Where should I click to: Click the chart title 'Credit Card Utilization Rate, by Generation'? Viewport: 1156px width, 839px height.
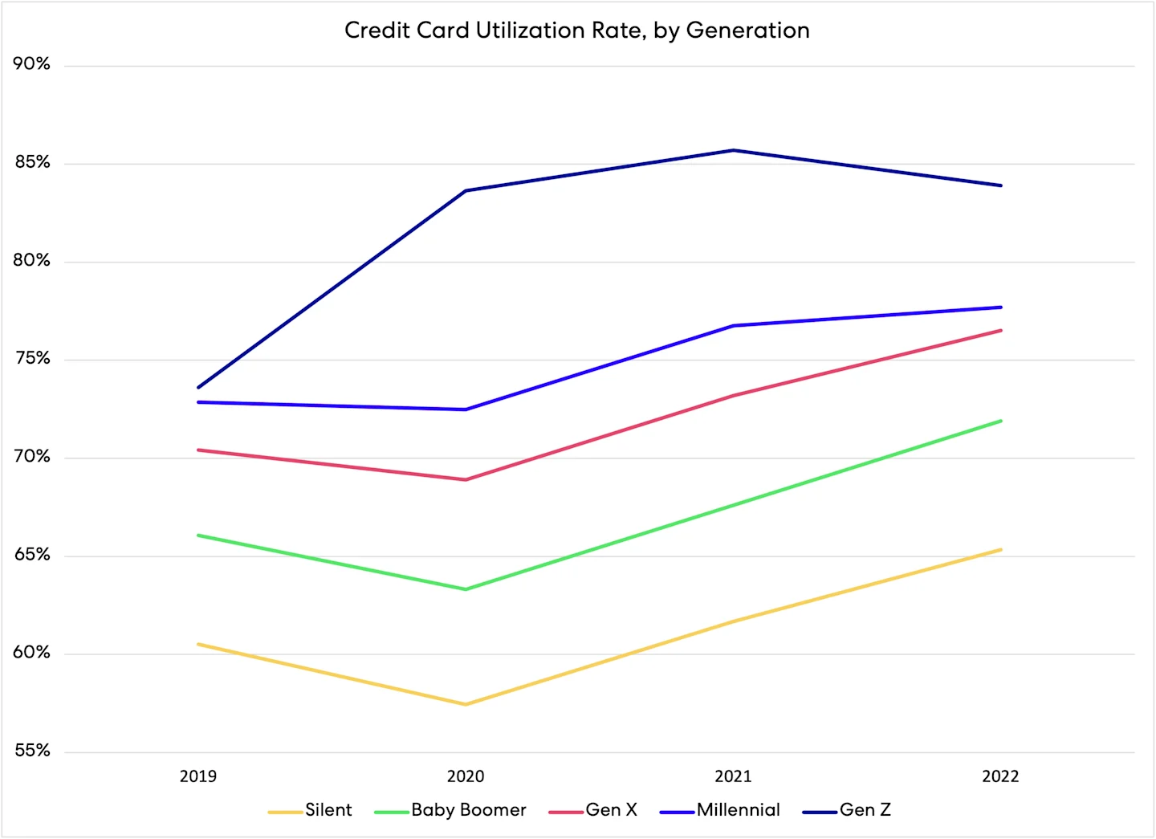tap(576, 31)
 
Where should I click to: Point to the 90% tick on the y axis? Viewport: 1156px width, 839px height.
tap(31, 64)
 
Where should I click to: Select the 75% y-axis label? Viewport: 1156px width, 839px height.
tap(31, 358)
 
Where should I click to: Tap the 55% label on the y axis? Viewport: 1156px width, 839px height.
tap(31, 751)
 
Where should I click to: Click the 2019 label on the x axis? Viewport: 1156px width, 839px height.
tap(197, 776)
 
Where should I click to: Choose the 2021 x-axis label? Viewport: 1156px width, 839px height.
tap(733, 776)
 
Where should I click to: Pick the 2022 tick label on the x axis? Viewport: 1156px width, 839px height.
tap(1000, 776)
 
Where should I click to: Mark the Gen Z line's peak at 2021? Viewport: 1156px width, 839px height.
tap(733, 150)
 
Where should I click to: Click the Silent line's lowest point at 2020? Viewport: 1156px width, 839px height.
tap(466, 704)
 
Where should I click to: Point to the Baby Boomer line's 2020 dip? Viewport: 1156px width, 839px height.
tap(466, 589)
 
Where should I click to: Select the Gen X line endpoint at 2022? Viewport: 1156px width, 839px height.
tap(1000, 330)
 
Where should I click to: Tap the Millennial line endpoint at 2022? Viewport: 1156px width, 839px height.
tap(1000, 307)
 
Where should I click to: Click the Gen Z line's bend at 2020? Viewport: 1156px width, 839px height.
tap(466, 190)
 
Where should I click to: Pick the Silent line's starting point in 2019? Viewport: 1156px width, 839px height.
tap(198, 644)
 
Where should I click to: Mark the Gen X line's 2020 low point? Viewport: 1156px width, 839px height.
tap(466, 479)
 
